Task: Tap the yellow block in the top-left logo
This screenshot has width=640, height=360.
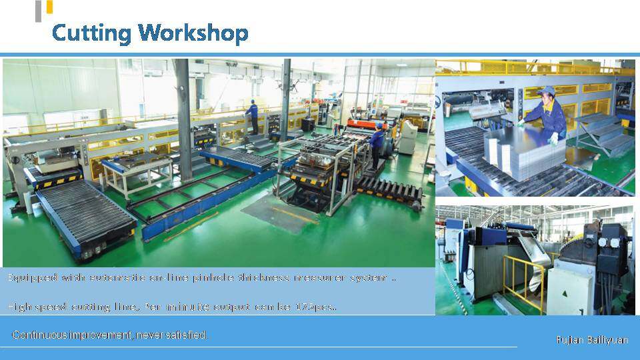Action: click(x=49, y=7)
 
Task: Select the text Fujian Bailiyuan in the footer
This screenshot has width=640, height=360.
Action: click(x=592, y=340)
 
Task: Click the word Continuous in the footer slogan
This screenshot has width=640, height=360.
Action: click(x=40, y=335)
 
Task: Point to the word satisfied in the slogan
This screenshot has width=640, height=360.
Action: click(x=189, y=335)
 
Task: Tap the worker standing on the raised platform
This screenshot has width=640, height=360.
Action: click(x=252, y=117)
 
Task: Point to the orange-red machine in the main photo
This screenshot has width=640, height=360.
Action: click(x=360, y=123)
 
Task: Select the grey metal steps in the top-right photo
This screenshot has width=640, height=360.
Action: click(x=603, y=133)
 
